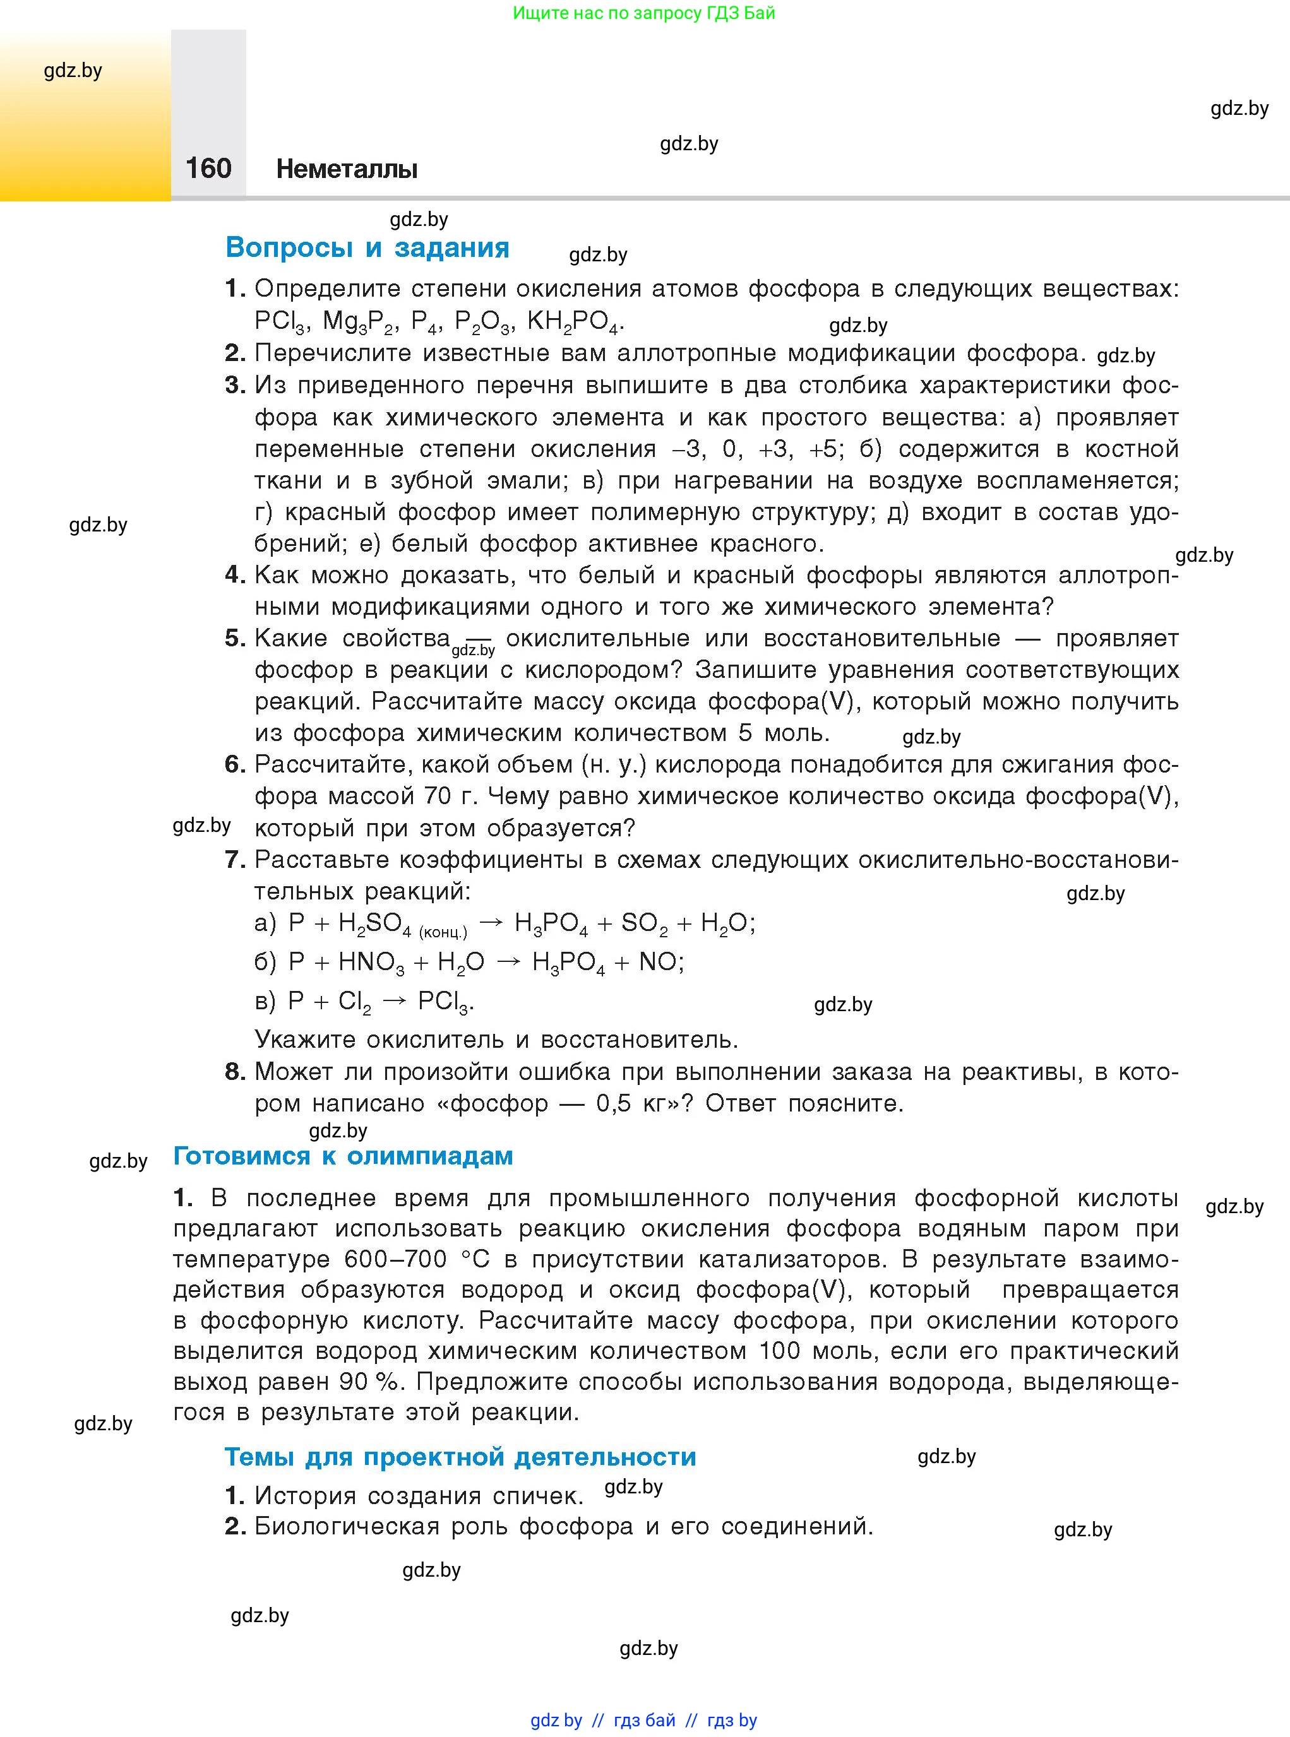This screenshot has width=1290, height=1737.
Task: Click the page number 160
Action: pos(208,168)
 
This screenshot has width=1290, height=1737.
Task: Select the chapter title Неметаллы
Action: pos(347,169)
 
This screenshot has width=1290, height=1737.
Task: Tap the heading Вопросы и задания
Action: pos(367,247)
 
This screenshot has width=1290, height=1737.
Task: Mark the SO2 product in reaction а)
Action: pos(644,923)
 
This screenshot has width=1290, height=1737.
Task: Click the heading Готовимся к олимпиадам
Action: pos(343,1156)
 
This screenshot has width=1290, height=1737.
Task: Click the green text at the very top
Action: pos(644,13)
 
